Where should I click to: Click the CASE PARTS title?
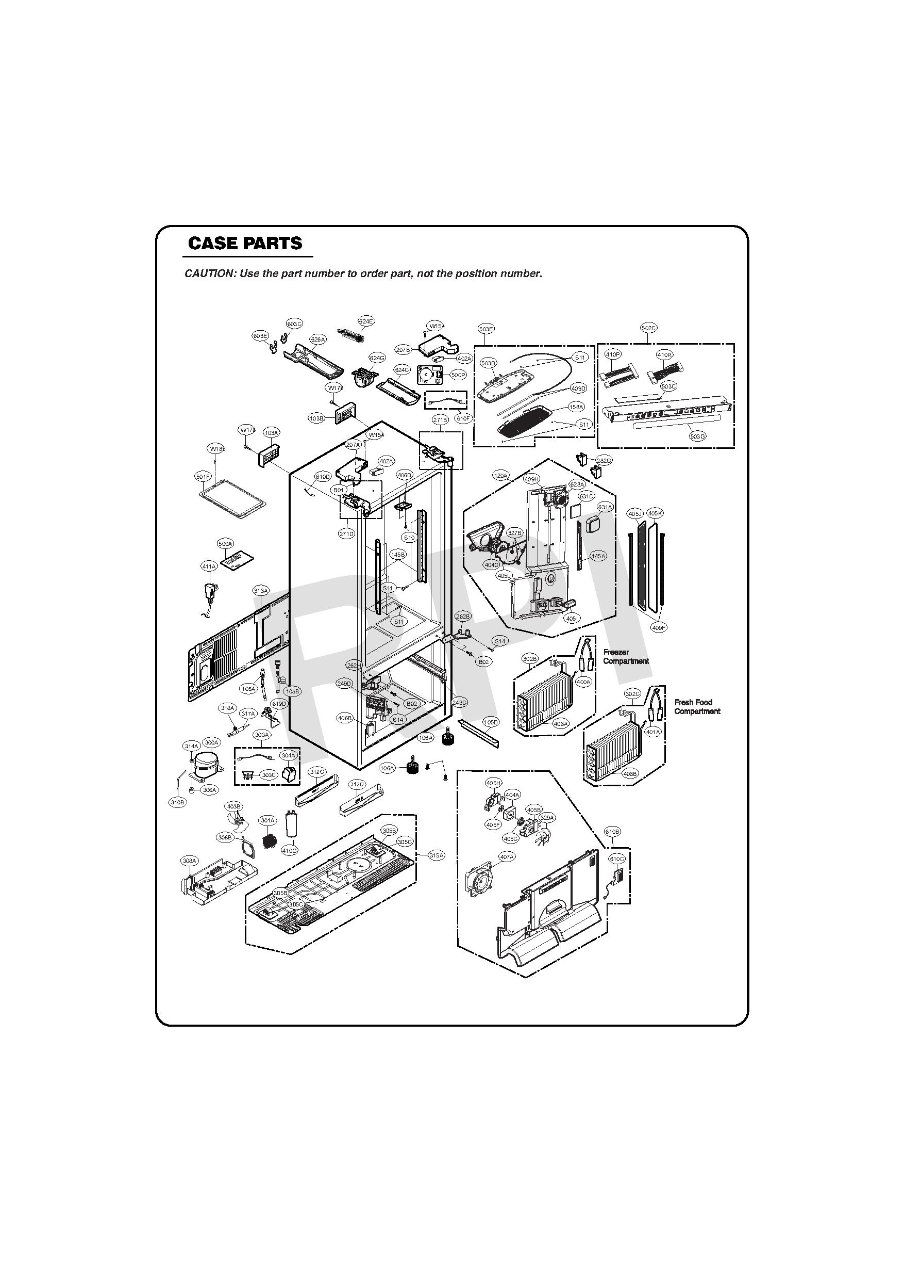point(245,244)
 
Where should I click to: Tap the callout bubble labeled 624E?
point(366,321)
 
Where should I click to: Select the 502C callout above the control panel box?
point(648,328)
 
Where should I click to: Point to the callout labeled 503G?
point(697,436)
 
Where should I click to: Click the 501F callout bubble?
point(203,477)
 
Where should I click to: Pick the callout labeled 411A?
point(209,567)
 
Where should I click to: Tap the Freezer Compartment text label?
point(626,657)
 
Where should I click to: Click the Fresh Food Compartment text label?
point(697,707)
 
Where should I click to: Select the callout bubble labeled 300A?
point(211,742)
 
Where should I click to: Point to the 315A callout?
point(437,855)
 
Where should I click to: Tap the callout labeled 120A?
point(501,476)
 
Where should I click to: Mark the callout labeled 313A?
point(261,590)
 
